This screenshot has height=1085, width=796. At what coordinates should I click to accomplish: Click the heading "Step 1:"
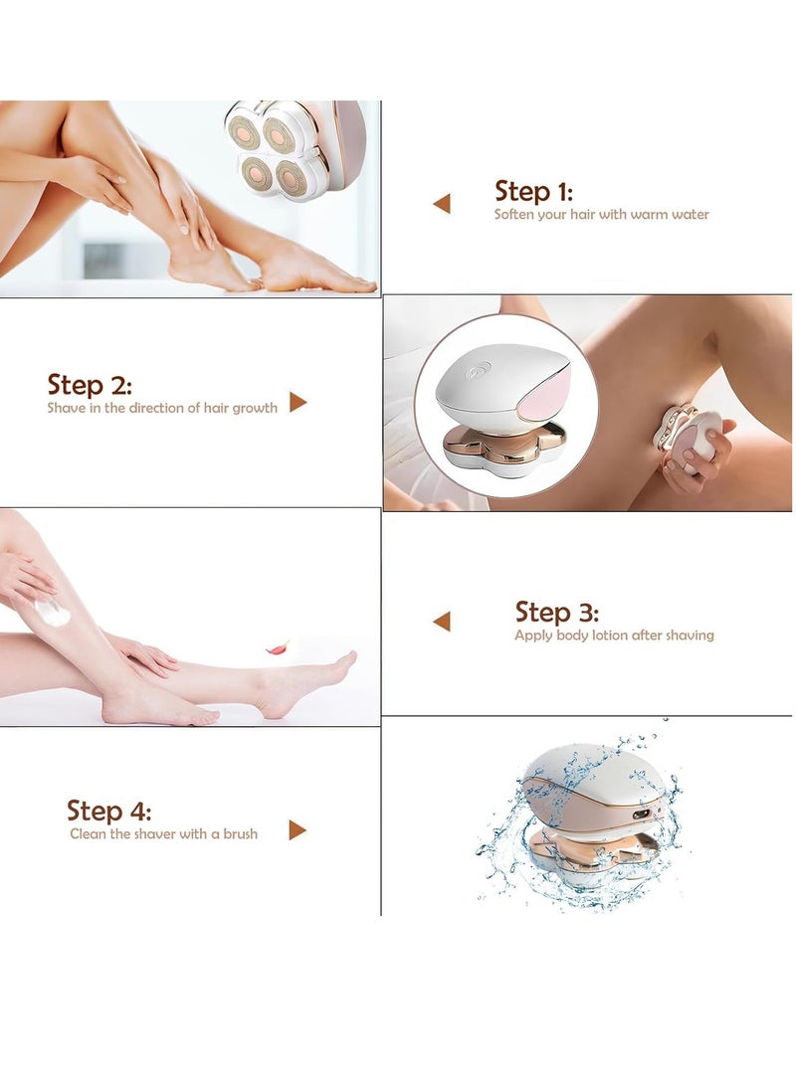(x=533, y=191)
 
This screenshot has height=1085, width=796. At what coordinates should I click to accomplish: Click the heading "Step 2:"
(x=90, y=384)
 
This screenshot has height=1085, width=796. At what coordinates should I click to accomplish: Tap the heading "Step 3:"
(x=556, y=612)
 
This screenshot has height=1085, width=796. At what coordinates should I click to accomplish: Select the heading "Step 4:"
(x=109, y=810)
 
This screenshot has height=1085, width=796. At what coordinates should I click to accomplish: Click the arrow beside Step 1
(x=442, y=204)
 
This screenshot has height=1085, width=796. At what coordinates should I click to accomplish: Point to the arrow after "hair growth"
(x=298, y=403)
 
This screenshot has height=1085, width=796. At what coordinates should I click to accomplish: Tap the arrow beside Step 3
(x=442, y=622)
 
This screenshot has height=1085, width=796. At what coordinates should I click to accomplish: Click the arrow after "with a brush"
(x=298, y=829)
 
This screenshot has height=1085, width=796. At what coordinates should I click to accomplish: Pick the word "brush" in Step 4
(x=238, y=834)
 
